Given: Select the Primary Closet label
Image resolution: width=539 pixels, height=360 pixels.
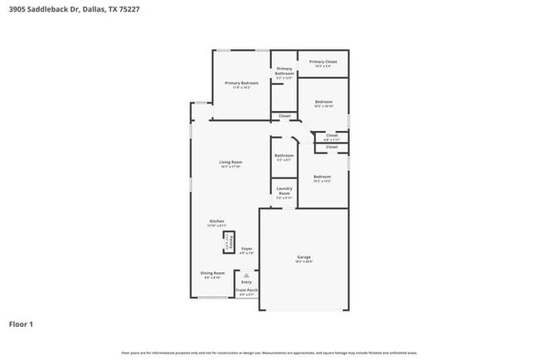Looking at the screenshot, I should click(323, 62).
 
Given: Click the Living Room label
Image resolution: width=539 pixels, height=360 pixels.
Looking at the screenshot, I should click(230, 162).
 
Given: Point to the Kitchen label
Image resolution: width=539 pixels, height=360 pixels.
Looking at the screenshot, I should click(216, 221).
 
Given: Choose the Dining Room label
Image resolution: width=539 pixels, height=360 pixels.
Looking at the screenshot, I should click(212, 273).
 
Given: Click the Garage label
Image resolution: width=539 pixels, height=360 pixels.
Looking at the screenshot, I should click(303, 257).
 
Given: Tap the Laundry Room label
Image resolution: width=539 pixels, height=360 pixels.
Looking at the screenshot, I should click(284, 192).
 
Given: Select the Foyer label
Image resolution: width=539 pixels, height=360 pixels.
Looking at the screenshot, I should click(246, 249).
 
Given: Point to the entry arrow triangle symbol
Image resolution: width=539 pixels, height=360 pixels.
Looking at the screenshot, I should click(246, 275).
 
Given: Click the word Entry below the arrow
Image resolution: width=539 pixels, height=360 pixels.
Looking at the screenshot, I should click(246, 282).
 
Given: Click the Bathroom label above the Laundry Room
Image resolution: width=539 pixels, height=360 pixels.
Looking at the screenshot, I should click(284, 155).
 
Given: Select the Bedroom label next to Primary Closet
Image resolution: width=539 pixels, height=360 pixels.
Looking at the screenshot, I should click(323, 102).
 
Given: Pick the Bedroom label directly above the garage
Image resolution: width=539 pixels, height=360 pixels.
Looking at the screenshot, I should click(322, 177).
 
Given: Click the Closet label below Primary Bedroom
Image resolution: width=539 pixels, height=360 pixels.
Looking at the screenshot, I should click(284, 115).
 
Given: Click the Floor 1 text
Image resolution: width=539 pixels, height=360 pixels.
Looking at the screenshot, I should click(21, 324).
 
